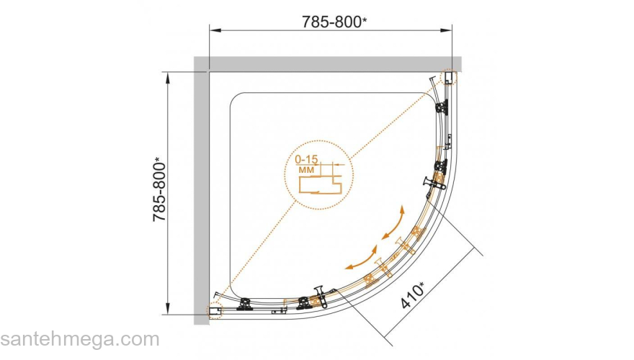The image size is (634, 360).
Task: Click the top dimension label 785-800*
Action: [x=334, y=22]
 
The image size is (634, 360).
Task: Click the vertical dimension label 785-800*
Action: [x=160, y=189]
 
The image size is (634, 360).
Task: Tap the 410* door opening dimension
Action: [x=413, y=295]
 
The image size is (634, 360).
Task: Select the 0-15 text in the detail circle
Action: [x=306, y=160]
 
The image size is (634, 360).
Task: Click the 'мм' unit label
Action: [x=306, y=170]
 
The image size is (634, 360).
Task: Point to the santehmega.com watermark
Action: [x=80, y=339]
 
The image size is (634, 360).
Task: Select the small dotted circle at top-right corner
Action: [x=450, y=77]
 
